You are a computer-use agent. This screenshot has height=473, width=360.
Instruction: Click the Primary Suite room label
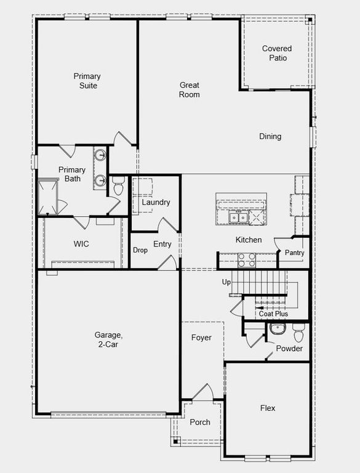87,81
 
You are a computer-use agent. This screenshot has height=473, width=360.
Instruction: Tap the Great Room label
189,90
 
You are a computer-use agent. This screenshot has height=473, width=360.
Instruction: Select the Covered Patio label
277,53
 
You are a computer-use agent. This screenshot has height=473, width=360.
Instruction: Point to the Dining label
270,136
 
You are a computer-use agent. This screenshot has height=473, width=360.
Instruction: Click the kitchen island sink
238,217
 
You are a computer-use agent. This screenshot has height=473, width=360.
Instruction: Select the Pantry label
294,253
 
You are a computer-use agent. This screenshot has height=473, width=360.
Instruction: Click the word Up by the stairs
226,281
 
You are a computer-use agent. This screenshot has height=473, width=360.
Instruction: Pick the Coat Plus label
273,313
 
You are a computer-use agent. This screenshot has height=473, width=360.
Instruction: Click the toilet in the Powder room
298,333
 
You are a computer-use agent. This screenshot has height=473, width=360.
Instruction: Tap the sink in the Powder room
277,329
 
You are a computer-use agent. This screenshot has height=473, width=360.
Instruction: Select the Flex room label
268,408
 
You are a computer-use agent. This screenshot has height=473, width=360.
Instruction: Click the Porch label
200,422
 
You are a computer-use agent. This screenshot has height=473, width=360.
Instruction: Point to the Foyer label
201,338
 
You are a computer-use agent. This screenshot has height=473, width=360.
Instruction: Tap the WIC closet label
81,244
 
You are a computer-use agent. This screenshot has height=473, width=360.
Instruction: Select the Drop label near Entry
140,250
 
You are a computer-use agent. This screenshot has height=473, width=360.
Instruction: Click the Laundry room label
156,202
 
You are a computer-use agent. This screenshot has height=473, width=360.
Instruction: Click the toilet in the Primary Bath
118,184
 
